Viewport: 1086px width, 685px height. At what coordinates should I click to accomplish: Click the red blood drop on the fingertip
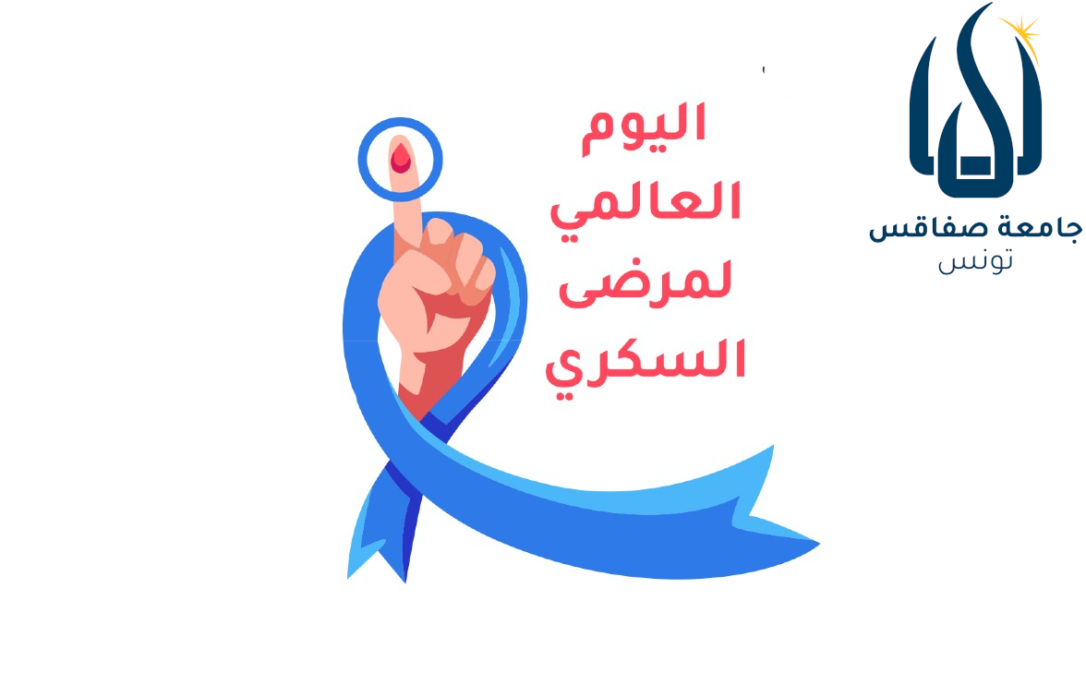(x=400, y=158)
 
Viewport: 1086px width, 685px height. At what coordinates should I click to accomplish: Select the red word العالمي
(x=646, y=202)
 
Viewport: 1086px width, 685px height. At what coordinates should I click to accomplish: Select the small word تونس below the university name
(x=975, y=261)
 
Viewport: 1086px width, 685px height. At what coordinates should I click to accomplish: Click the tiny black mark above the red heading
(x=764, y=70)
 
